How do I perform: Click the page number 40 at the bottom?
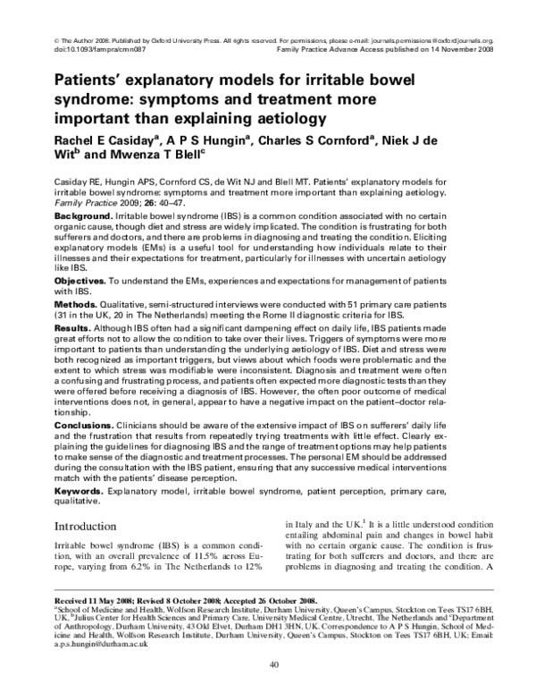click(x=268, y=663)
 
